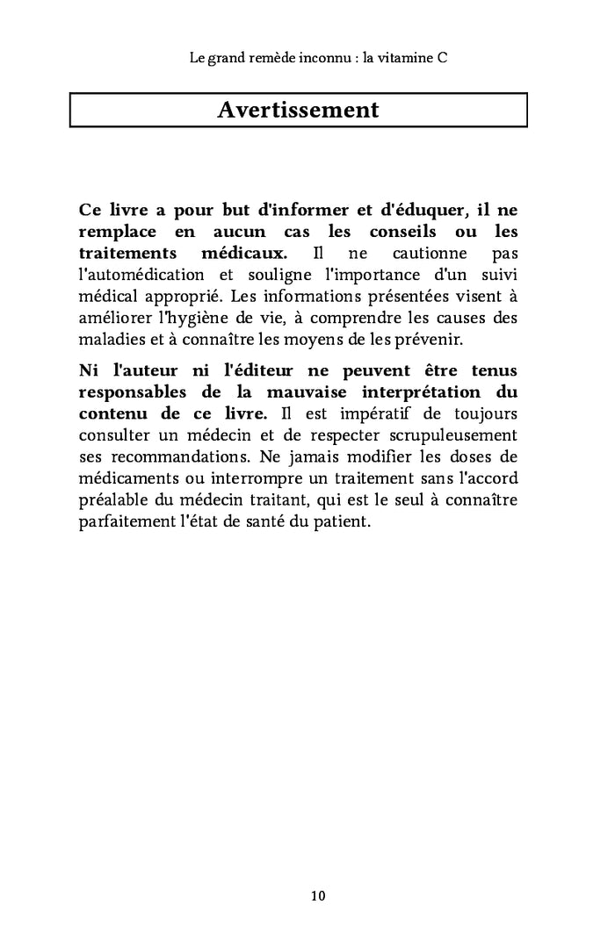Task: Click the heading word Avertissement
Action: tap(298, 111)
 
